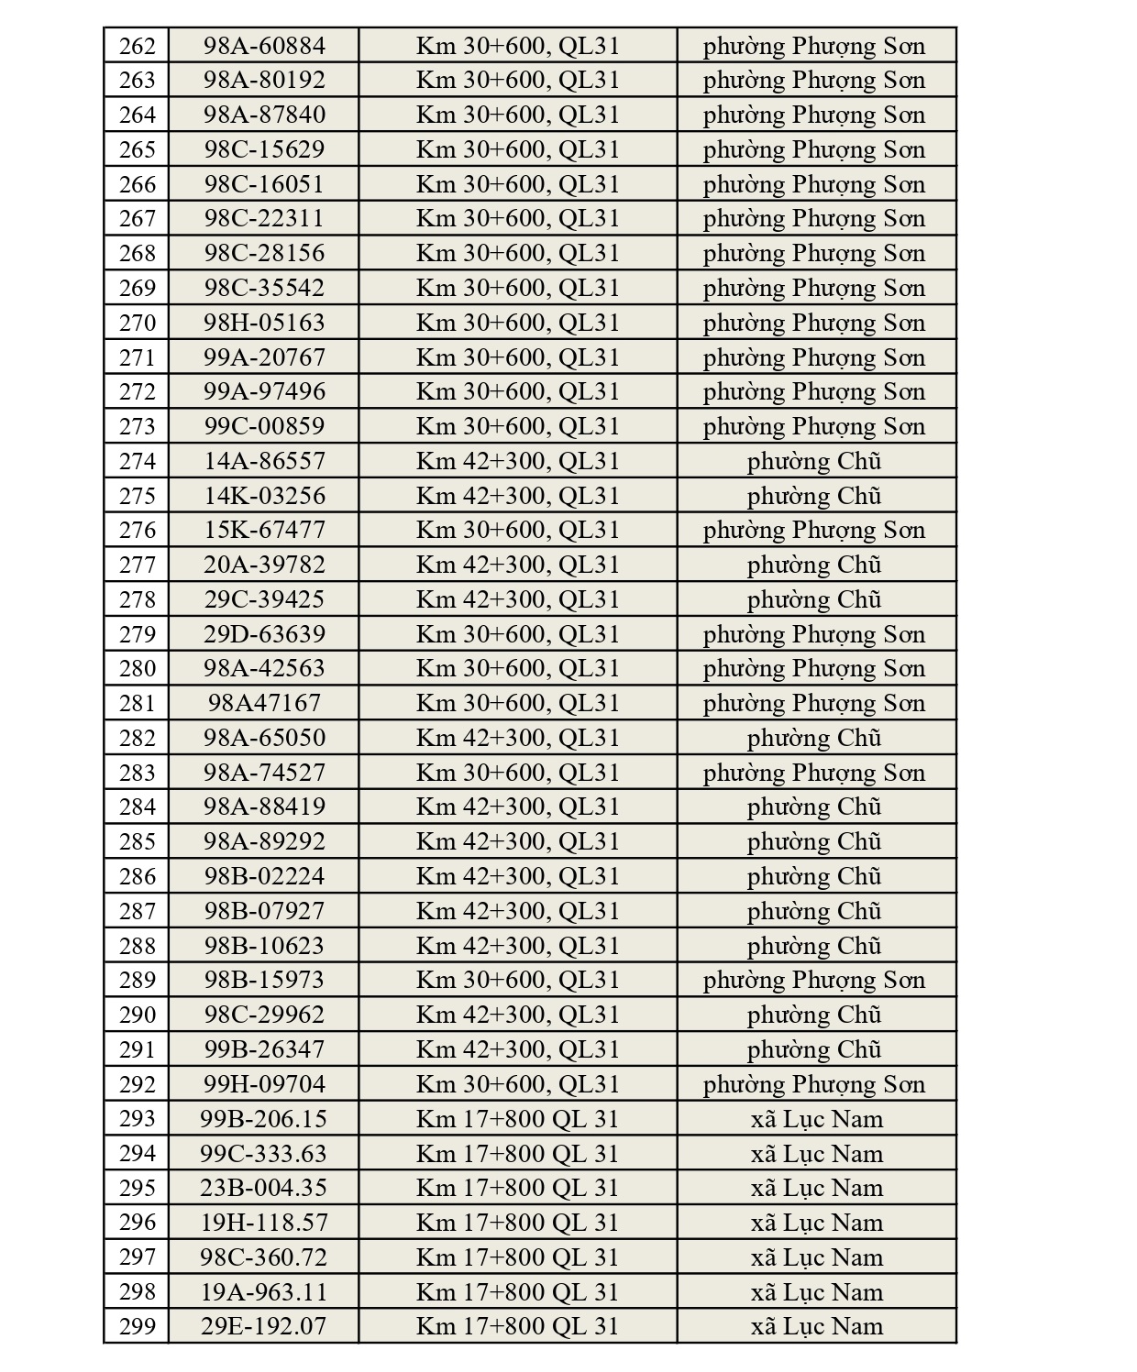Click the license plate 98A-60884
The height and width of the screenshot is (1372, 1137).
[264, 46]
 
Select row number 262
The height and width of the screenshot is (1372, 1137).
[137, 46]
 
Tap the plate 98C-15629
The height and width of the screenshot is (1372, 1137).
[264, 149]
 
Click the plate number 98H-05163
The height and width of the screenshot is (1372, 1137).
[264, 323]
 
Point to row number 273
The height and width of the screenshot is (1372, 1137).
[137, 426]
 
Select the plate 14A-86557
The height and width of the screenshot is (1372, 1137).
[264, 461]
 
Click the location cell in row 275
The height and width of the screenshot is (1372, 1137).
[518, 496]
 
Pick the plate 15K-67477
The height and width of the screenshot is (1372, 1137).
[264, 530]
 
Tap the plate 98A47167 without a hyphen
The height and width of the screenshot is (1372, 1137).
[264, 703]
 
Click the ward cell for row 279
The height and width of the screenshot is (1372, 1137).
[814, 634]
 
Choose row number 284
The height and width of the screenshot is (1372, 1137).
[137, 807]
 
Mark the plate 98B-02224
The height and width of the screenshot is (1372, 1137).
[264, 876]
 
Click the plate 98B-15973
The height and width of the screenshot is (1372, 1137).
[264, 980]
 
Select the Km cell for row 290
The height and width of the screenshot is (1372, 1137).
[518, 1015]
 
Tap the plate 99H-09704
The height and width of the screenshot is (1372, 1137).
[264, 1084]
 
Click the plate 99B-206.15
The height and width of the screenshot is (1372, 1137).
[264, 1119]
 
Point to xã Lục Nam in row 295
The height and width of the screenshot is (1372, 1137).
[816, 1188]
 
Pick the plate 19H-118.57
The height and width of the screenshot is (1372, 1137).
[264, 1223]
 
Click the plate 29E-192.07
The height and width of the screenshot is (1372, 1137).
[264, 1326]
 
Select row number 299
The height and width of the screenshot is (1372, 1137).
[137, 1326]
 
